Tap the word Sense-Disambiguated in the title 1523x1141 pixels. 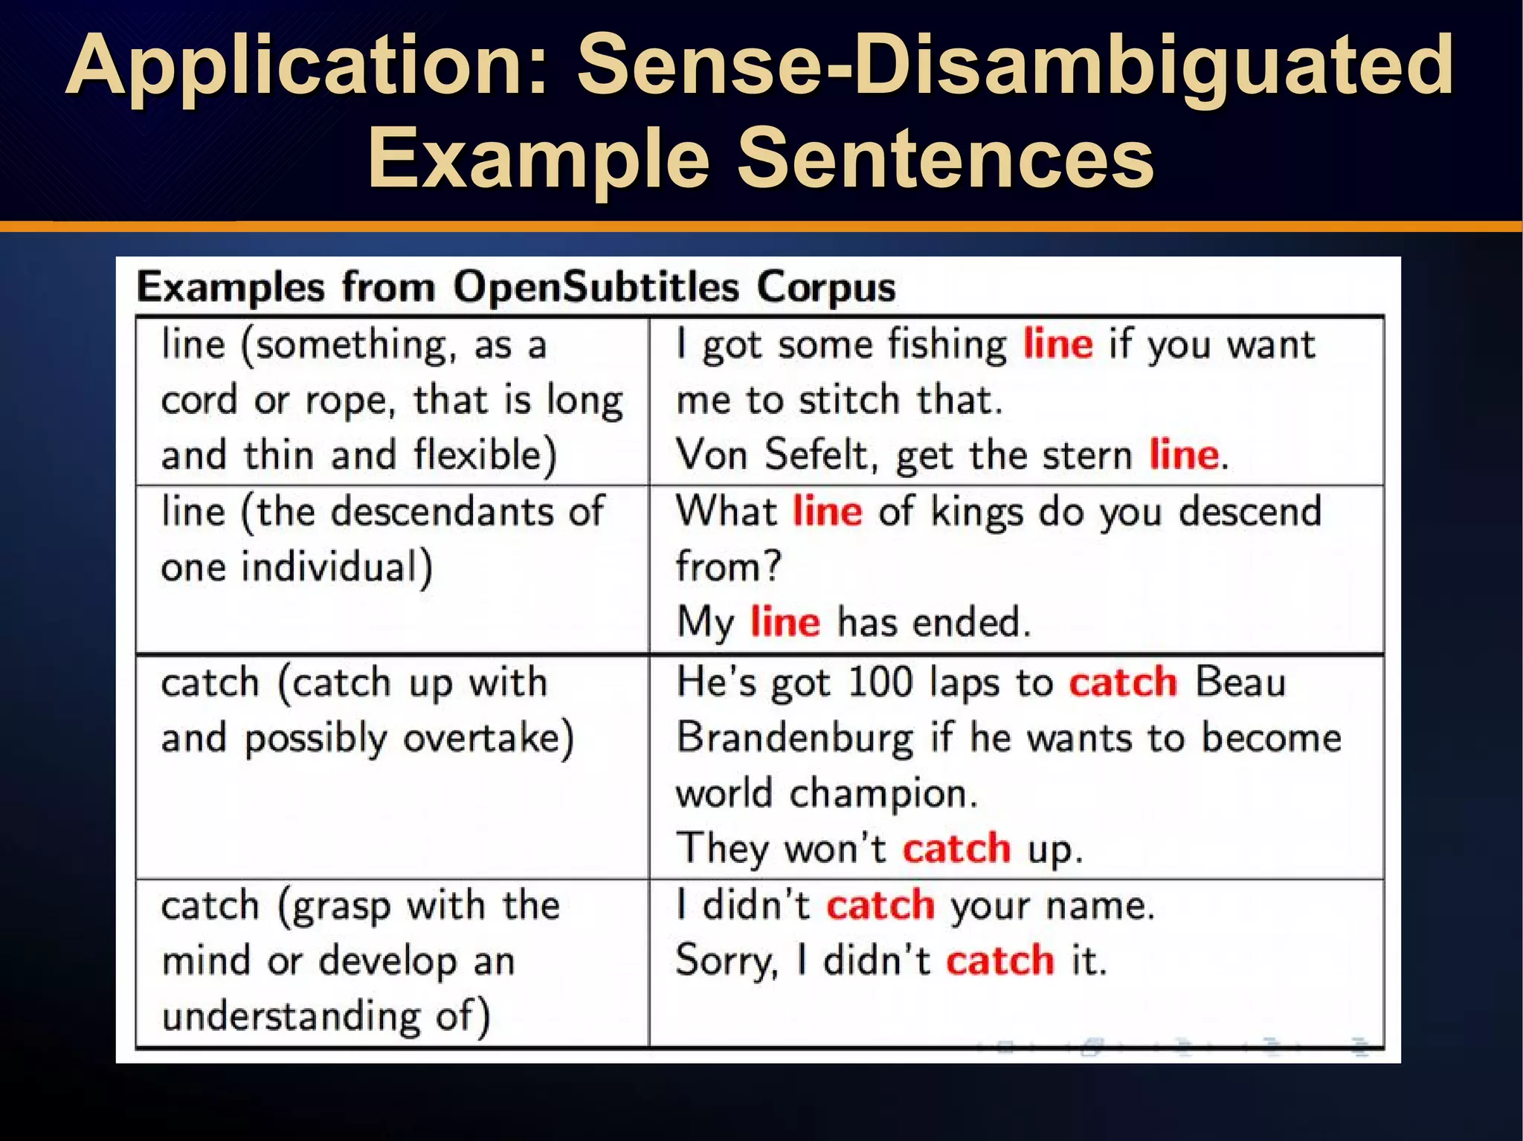(1015, 67)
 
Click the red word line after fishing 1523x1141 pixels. (1057, 345)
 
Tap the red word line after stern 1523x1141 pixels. (1184, 454)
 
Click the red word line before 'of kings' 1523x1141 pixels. (827, 511)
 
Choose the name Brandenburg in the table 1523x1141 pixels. (795, 738)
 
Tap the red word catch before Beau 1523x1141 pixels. (1123, 682)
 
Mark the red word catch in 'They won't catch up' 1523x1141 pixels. (956, 848)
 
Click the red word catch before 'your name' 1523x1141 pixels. (880, 905)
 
